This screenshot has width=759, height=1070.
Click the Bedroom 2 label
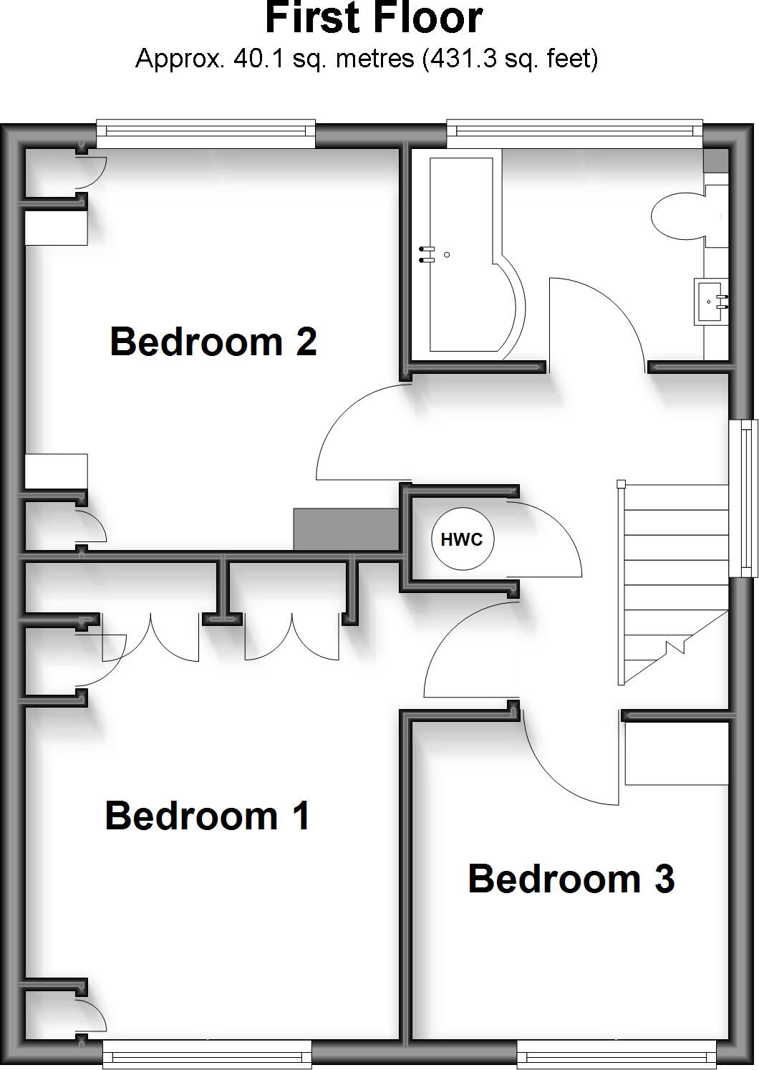point(213,342)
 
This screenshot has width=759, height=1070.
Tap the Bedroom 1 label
point(207,816)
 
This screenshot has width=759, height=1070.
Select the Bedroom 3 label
point(571,879)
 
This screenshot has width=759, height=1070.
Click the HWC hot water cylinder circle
point(463,539)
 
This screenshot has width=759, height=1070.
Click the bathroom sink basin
point(712,302)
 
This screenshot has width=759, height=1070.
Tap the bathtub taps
point(427,255)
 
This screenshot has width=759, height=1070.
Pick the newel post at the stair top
point(621,484)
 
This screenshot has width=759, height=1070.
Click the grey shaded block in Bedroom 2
point(346,530)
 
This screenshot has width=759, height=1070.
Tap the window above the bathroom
point(574,131)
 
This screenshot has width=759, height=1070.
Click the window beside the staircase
point(743,498)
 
